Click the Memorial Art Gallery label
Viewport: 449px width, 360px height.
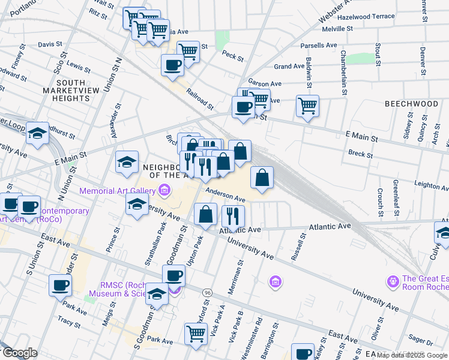118,191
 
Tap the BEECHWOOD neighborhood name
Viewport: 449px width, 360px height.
411,104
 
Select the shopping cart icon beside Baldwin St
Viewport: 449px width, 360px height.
307,106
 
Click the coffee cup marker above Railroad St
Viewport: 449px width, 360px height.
172,65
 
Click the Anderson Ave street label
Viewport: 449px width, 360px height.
226,196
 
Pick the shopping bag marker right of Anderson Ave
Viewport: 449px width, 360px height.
262,178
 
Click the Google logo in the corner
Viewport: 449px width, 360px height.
19,353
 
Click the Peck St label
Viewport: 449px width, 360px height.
232,58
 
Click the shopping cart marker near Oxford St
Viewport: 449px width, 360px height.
196,334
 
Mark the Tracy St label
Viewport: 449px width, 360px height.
69,323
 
